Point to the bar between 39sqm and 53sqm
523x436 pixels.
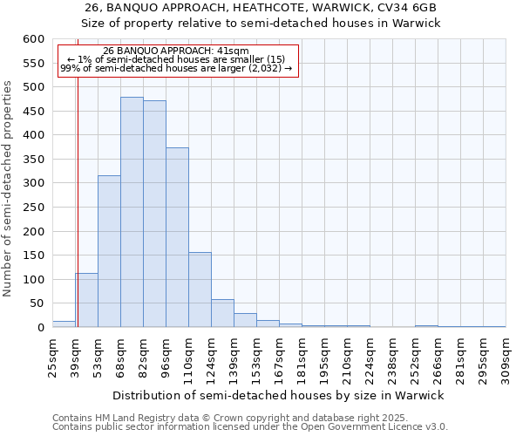pos(86,300)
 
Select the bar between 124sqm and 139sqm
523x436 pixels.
pos(222,313)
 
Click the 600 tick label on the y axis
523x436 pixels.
pos(33,39)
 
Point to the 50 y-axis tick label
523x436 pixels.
pos(37,303)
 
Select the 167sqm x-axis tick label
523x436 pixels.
pos(279,358)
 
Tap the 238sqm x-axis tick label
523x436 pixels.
pos(392,358)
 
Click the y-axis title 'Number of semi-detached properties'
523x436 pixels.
pos(9,188)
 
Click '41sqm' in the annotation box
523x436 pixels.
pos(234,51)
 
